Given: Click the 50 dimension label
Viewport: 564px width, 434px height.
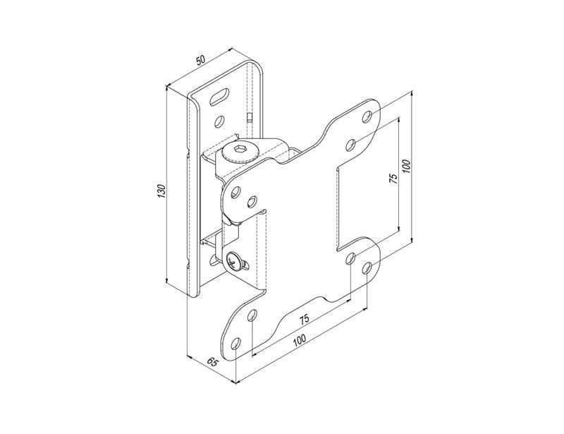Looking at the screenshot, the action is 201,60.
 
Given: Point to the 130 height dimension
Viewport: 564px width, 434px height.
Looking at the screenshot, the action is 161,191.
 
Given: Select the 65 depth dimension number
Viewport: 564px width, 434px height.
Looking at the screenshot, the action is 214,362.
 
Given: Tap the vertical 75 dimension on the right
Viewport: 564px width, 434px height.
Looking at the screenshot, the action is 393,179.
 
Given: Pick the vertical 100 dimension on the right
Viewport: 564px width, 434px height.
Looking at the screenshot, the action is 406,166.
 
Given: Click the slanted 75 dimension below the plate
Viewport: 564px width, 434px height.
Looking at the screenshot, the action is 304,319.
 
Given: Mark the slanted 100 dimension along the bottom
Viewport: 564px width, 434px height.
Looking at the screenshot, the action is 299,340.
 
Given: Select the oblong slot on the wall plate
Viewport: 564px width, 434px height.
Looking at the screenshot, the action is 219,97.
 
